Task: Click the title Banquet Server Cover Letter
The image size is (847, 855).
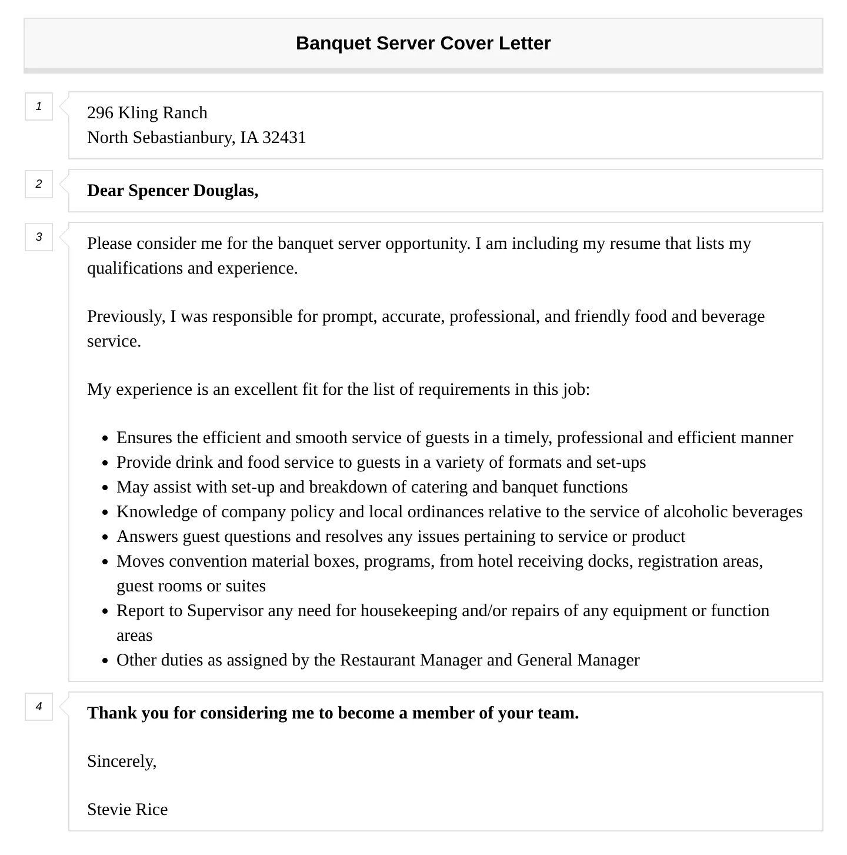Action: [423, 43]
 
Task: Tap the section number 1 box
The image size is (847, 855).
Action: [39, 107]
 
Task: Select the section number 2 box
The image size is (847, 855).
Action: [39, 184]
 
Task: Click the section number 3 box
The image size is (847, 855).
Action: [39, 237]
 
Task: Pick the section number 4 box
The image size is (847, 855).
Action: [39, 707]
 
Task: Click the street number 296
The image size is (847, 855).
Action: [100, 112]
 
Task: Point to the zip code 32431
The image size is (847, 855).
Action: [284, 137]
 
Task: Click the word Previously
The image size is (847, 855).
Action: [126, 316]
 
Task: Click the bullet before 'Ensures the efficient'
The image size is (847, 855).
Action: [105, 438]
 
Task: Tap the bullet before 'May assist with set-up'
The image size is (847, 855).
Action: [105, 488]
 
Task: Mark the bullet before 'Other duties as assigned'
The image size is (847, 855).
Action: [105, 661]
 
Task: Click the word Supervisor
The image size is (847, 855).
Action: [225, 610]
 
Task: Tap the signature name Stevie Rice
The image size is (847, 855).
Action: [128, 809]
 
